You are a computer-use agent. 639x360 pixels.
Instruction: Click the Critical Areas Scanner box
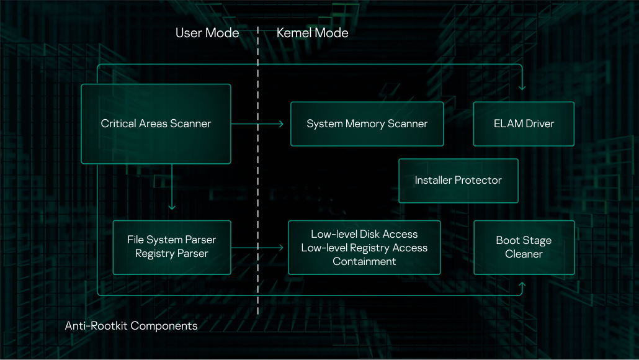coord(156,124)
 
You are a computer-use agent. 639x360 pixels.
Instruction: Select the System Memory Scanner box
coord(367,124)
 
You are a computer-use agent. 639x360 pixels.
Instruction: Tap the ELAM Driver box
coord(524,124)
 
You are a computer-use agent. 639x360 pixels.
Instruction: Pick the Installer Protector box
coord(458,181)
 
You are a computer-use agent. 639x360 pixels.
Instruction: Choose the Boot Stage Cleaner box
coord(524,248)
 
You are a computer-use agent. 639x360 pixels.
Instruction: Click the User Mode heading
coord(207,33)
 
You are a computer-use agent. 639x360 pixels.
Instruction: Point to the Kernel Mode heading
coord(312,33)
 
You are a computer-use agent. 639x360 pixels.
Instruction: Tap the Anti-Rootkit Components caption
coord(131,326)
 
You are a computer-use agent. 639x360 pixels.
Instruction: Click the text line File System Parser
coord(172,240)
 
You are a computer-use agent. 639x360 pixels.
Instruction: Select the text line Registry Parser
coord(172,254)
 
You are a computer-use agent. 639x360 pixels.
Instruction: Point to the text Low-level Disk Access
coord(364,234)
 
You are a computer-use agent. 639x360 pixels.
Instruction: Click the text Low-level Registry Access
coord(364,248)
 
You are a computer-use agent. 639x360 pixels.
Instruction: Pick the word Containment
coord(364,261)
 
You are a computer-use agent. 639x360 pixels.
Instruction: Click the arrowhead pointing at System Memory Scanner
coord(281,124)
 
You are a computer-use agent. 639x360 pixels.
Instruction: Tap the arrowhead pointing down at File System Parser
coord(172,207)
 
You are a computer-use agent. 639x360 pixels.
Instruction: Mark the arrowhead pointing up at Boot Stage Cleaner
coord(522,286)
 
